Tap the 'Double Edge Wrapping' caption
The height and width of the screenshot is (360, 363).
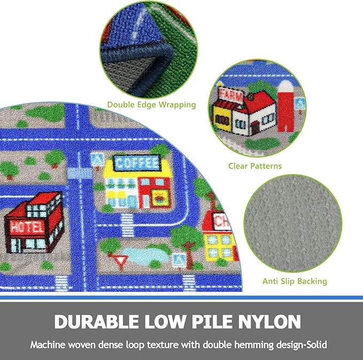click(151, 105)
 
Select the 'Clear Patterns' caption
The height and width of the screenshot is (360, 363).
click(255, 166)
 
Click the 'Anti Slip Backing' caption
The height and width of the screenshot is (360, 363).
click(295, 281)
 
